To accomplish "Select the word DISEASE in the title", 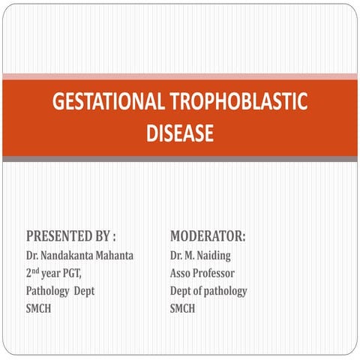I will click(179, 134).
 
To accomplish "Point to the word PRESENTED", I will click(61, 237).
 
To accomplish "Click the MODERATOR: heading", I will click(208, 237).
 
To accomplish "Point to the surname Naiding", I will click(215, 256).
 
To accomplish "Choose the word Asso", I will click(181, 274).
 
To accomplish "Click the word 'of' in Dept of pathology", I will click(199, 291).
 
